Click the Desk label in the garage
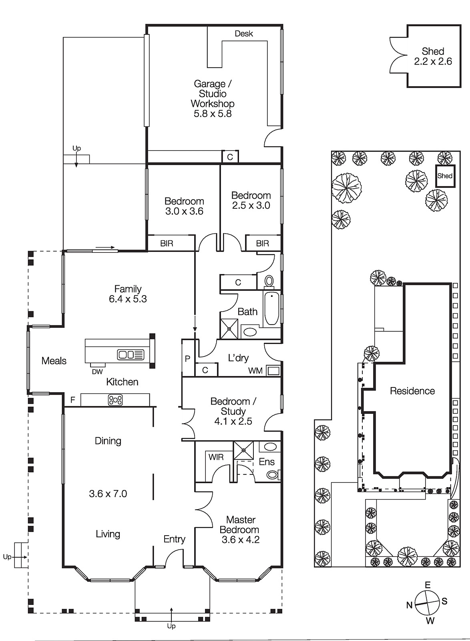coord(244,34)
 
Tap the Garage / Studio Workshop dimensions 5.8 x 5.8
coord(213,114)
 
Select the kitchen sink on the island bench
coord(131,355)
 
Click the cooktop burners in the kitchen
coord(115,400)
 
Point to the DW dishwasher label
coord(97,372)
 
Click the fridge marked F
coord(72,400)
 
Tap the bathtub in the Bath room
coord(271,308)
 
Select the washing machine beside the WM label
coord(273,371)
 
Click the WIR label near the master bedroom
coord(216,457)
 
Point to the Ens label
coord(267,462)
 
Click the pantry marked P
coord(188,358)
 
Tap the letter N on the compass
coord(410,605)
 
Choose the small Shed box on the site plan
coord(445,176)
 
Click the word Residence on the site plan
coord(412,391)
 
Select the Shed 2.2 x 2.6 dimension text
coord(433,62)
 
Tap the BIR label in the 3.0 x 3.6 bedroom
coord(167,244)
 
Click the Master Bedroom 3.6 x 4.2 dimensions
coord(241,540)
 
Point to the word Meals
coord(54,361)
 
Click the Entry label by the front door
coord(175,539)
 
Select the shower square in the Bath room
coord(229,329)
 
